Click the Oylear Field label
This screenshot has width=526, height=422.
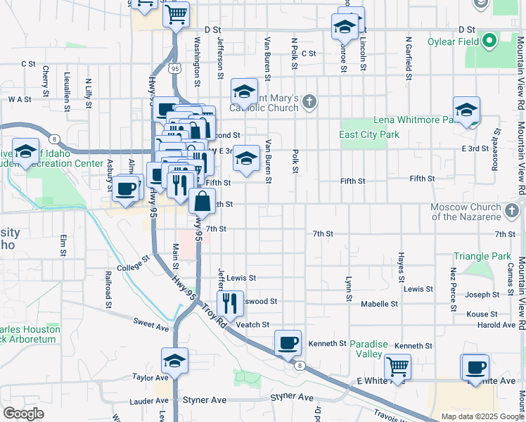tap(453, 41)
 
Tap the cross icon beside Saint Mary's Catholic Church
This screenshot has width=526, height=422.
tap(309, 103)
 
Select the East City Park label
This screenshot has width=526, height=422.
tap(368, 134)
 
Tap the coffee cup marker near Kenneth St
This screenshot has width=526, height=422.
tap(288, 343)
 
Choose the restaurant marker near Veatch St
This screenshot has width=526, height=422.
tap(230, 304)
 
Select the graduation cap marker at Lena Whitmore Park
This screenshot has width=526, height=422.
tap(466, 110)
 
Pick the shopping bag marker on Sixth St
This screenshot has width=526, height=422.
tap(202, 201)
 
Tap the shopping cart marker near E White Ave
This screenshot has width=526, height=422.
tap(397, 366)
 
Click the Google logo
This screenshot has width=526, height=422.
tap(23, 414)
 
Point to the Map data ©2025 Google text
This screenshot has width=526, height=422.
tap(482, 416)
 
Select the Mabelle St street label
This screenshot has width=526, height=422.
tap(380, 304)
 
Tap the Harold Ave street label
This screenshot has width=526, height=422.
tap(496, 325)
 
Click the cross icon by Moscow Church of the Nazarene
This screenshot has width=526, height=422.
tap(512, 209)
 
